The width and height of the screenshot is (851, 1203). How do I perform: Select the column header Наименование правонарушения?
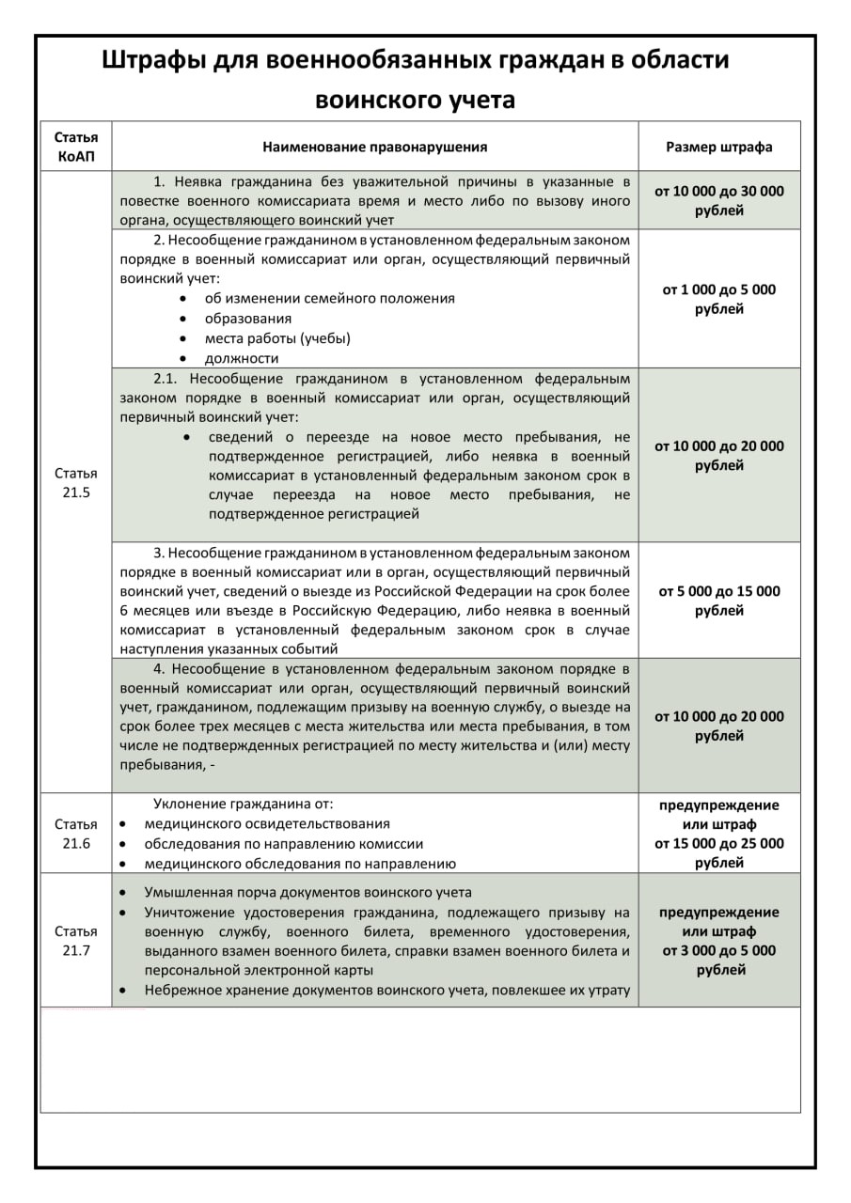[374, 147]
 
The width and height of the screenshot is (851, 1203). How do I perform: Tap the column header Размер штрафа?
[719, 147]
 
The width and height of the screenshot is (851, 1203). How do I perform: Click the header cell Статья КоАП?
[75, 147]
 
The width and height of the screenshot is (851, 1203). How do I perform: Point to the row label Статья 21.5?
[75, 483]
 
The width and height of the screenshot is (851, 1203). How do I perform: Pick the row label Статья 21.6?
[75, 834]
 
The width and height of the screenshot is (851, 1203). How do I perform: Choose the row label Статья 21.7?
[75, 941]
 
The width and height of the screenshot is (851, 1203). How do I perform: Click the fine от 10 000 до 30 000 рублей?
[719, 200]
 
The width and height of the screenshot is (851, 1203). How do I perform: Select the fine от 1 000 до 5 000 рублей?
[719, 299]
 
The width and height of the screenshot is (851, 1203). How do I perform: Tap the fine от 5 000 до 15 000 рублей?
[719, 601]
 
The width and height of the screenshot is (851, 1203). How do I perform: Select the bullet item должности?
[242, 358]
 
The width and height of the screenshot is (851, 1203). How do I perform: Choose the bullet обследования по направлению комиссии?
[283, 844]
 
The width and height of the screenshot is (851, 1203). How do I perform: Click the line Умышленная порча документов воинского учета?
[307, 893]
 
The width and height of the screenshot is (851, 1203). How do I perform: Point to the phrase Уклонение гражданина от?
[244, 805]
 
